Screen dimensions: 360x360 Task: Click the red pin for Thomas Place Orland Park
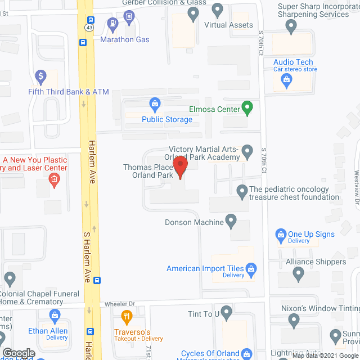tap(180, 167)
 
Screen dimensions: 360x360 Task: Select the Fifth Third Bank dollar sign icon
tap(40, 75)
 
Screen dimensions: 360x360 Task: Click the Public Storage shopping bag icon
tap(154, 103)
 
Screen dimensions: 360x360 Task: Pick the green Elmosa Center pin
tap(246, 106)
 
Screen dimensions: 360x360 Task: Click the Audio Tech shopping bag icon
tap(286, 80)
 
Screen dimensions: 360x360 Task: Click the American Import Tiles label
tap(205, 268)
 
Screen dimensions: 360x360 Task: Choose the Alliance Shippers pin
tap(299, 274)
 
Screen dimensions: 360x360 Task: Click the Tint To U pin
tap(226, 310)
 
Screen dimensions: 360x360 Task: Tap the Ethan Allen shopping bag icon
tap(55, 316)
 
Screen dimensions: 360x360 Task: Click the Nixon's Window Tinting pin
tap(293, 320)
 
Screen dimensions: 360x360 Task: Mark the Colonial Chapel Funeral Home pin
tap(10, 277)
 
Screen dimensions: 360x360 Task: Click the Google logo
tap(18, 353)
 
